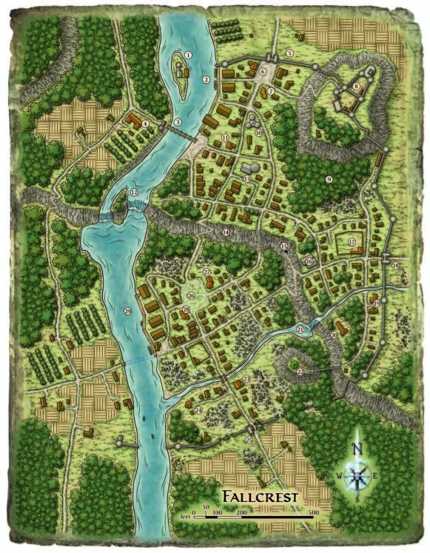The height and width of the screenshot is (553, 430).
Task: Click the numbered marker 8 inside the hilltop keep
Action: (357, 87)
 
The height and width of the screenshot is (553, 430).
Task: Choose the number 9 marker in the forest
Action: (327, 179)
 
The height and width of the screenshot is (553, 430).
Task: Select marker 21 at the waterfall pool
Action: (300, 328)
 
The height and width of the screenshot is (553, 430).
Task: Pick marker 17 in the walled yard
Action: (352, 241)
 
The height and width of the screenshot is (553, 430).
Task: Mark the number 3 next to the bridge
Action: (177, 122)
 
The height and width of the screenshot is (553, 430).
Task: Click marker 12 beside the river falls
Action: (134, 192)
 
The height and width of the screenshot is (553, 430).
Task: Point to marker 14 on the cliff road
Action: (225, 232)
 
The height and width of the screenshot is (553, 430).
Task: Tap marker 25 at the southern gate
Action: (249, 440)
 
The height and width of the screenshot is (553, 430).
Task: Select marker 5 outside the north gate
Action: (290, 53)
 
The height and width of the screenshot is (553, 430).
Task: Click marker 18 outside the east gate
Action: (396, 265)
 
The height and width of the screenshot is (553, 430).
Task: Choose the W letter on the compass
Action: (340, 475)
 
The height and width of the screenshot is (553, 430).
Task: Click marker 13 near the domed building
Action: (246, 178)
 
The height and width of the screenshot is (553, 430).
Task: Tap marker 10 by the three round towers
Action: (258, 133)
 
